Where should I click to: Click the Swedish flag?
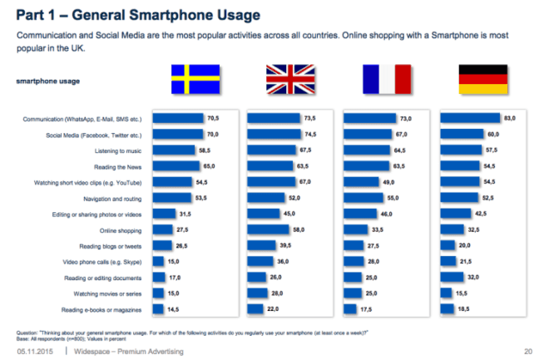click(x=195, y=80)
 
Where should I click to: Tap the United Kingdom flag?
click(x=290, y=80)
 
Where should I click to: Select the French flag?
click(x=386, y=80)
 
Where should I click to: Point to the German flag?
click(x=482, y=80)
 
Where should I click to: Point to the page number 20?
click(x=528, y=352)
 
